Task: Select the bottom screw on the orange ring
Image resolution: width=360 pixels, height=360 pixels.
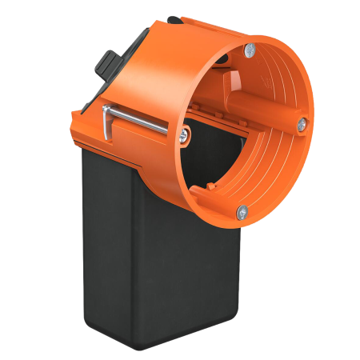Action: (242, 211)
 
